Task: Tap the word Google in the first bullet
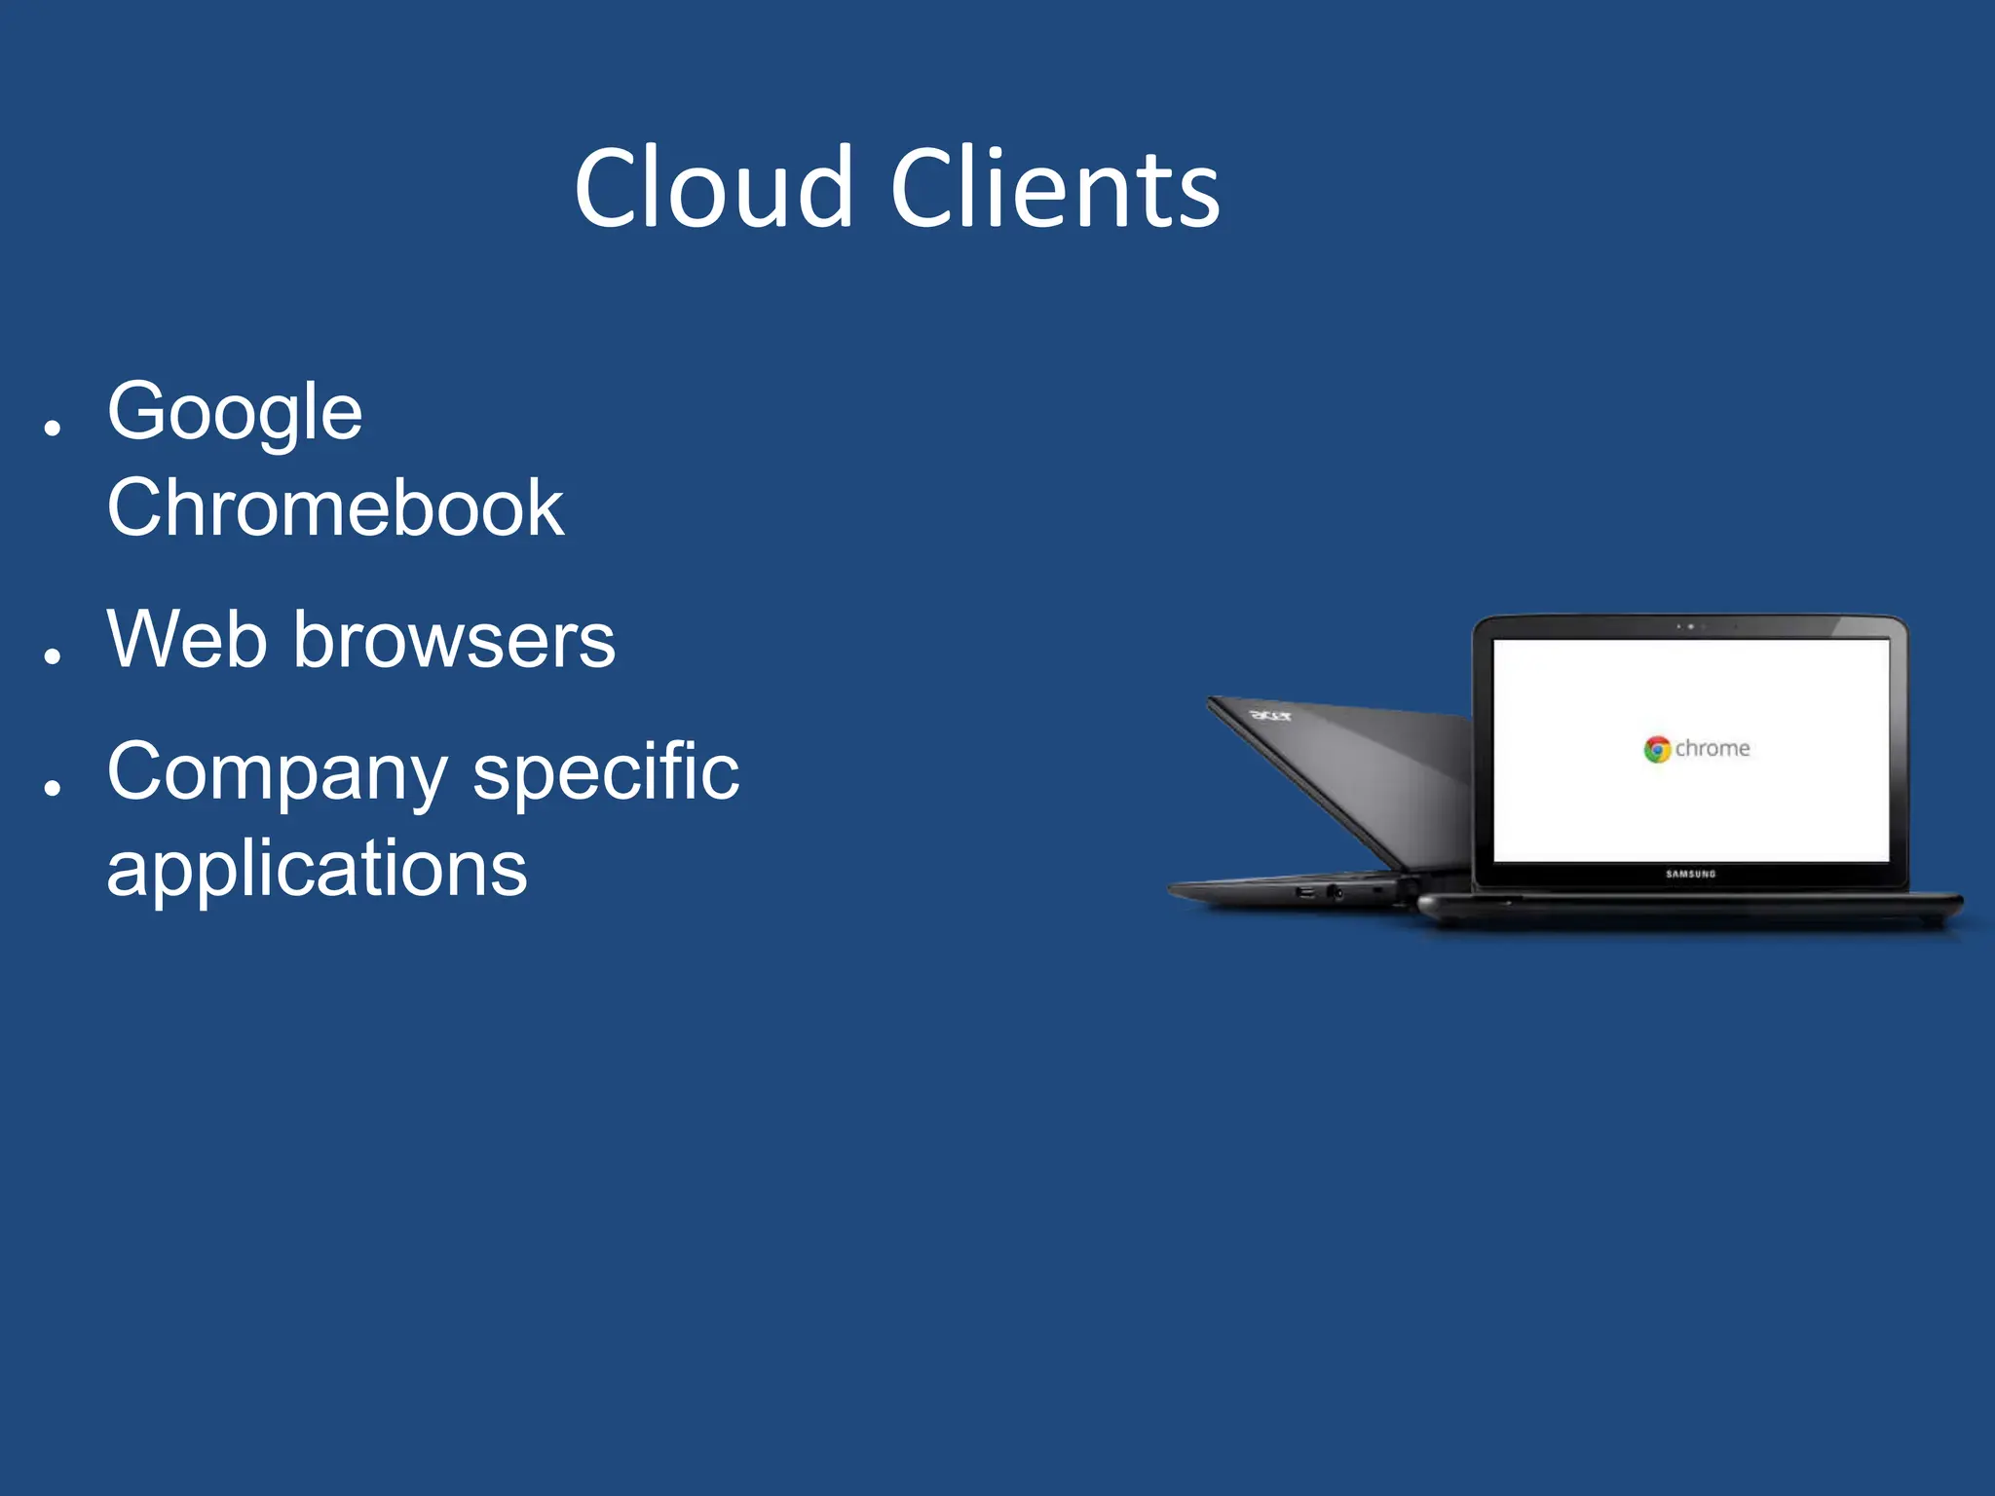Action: [235, 413]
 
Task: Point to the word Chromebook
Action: [335, 507]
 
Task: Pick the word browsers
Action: [454, 640]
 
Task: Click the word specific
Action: [606, 771]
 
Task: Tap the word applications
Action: [317, 869]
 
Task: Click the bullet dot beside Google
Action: [53, 427]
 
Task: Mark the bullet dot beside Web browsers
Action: [53, 656]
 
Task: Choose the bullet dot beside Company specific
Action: [53, 787]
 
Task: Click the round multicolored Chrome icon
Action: [1657, 749]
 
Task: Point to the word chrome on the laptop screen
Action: [1713, 748]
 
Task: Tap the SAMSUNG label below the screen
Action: [1690, 874]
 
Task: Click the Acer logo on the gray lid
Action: [1270, 716]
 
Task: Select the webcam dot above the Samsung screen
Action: [1690, 626]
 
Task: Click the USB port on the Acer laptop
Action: [1305, 892]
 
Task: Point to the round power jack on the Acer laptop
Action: [1334, 892]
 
